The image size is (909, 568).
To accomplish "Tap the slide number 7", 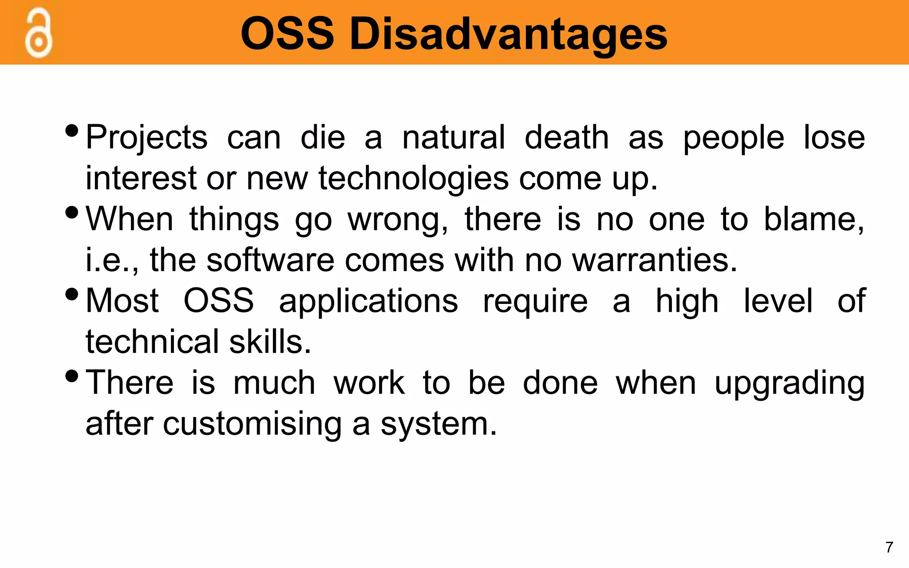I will [x=889, y=547].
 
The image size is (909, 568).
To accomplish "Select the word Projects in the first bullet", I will [x=146, y=138].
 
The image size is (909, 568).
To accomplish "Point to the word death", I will [x=566, y=138].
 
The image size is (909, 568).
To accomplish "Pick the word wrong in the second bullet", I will [x=397, y=220].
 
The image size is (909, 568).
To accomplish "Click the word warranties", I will [x=654, y=260].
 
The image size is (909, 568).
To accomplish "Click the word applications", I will [x=368, y=302].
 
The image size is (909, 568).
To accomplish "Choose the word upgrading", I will [x=789, y=384].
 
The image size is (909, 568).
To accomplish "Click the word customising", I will [x=252, y=424].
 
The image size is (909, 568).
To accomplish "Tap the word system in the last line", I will [x=439, y=424].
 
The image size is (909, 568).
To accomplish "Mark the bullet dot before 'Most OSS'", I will [x=71, y=294].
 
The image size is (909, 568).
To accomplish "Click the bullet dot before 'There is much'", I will [x=71, y=376].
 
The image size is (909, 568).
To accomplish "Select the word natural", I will [x=453, y=138].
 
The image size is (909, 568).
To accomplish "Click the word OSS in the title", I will [x=287, y=34].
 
